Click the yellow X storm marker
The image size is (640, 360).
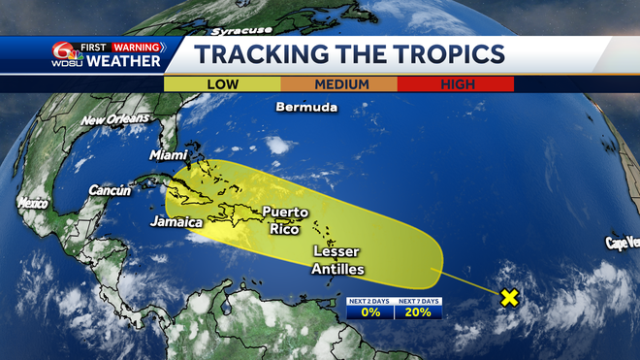click(x=508, y=297)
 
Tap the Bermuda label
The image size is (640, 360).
click(x=305, y=107)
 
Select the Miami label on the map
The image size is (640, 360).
click(x=168, y=155)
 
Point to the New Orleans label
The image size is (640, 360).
click(x=116, y=120)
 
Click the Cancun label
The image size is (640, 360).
click(x=110, y=191)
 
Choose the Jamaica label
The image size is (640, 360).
click(x=176, y=222)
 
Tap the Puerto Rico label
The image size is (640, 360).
click(x=285, y=219)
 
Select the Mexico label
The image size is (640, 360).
click(x=32, y=204)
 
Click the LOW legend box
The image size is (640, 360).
click(x=223, y=84)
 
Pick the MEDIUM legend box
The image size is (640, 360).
click(x=342, y=84)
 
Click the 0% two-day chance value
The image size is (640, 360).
click(x=370, y=312)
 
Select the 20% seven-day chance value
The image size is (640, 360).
click(x=419, y=312)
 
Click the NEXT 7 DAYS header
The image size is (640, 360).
click(x=419, y=302)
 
